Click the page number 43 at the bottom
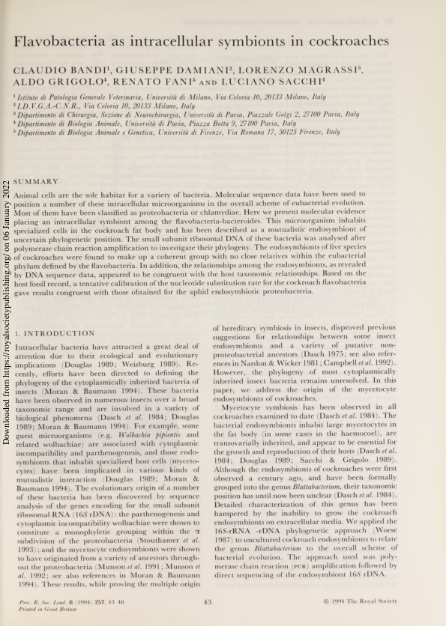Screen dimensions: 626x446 (x=209, y=602)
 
